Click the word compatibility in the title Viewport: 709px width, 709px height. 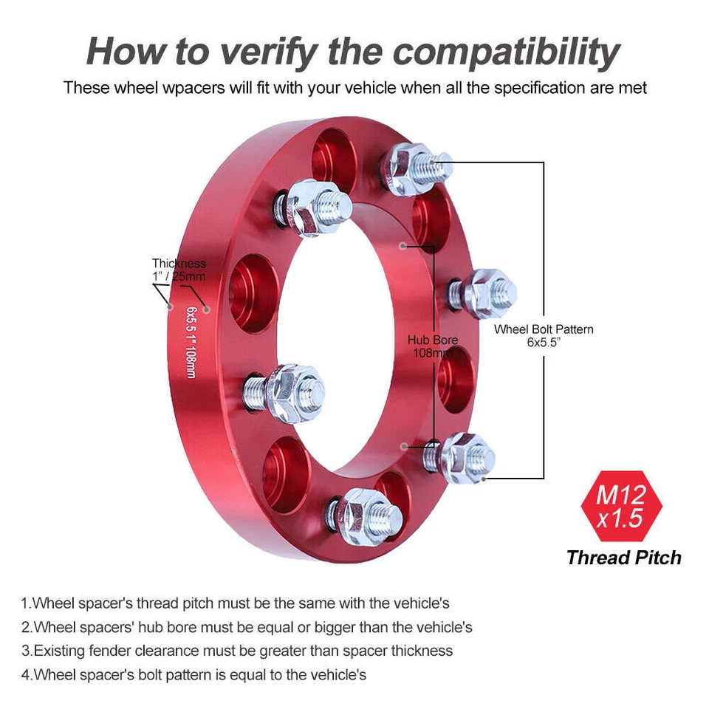tap(506, 52)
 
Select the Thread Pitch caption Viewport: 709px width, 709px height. tap(623, 558)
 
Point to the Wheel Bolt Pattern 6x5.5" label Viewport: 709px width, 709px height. tap(544, 336)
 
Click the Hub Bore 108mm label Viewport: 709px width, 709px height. tap(433, 346)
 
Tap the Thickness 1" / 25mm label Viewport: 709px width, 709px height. tap(179, 270)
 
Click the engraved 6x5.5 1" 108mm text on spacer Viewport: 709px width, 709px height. tap(191, 343)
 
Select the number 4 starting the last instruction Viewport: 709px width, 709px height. tap(25, 674)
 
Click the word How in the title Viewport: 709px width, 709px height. tap(128, 52)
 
